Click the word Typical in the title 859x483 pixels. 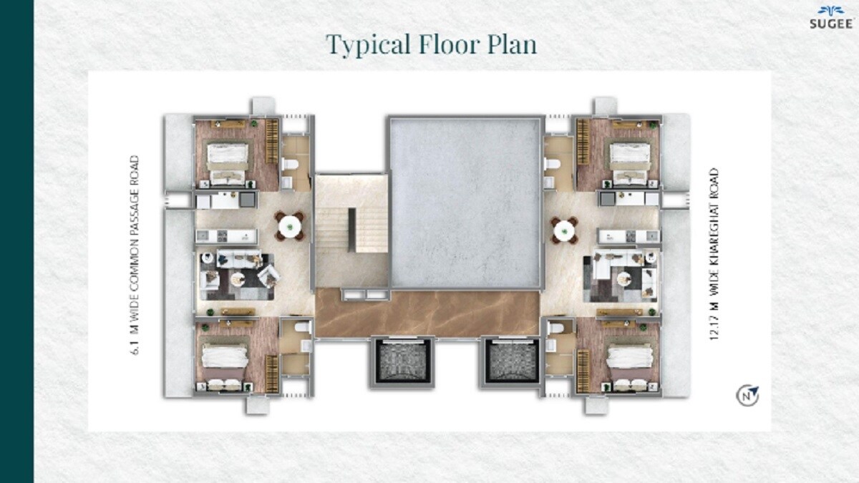click(x=367, y=44)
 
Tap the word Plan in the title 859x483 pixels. click(x=512, y=44)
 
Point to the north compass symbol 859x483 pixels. click(x=748, y=395)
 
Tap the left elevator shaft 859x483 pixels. click(x=401, y=362)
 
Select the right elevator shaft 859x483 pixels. click(x=511, y=362)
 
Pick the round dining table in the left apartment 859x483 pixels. click(x=290, y=227)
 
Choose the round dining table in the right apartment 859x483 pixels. click(x=564, y=230)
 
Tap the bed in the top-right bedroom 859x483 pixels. click(x=629, y=160)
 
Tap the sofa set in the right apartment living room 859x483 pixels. click(x=620, y=276)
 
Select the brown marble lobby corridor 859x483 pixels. click(x=427, y=313)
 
